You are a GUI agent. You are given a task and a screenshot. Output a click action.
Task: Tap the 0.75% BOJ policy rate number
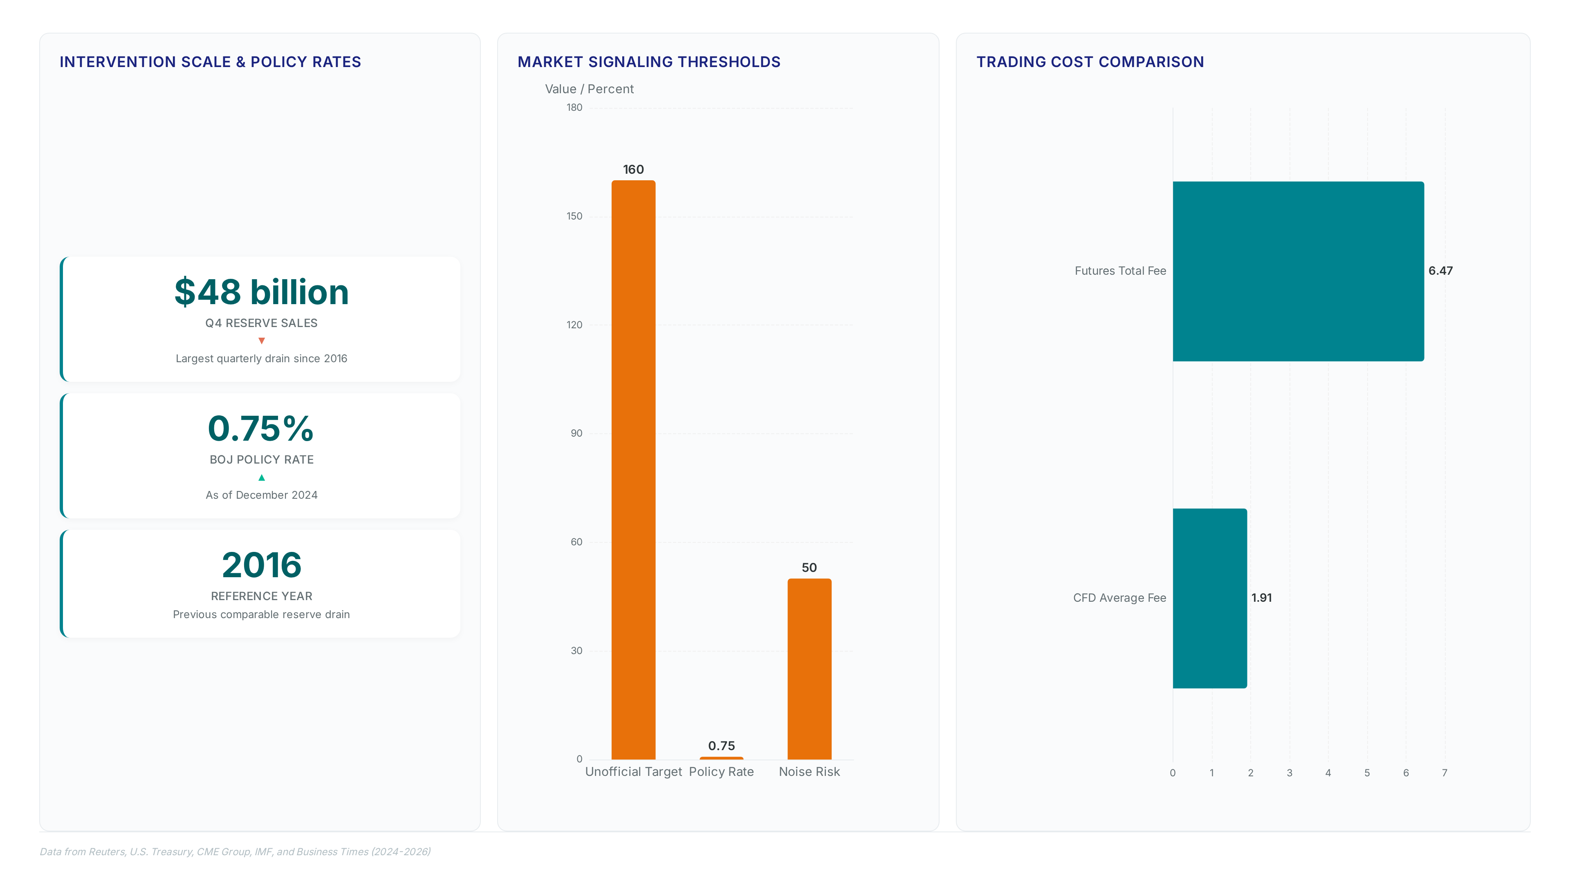coord(261,428)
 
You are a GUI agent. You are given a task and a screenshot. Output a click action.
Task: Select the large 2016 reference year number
coord(262,565)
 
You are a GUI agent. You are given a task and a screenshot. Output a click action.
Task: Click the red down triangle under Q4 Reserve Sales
coord(262,341)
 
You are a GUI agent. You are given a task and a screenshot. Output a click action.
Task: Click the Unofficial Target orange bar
coord(633,470)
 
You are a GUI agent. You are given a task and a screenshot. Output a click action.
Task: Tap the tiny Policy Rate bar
coord(722,758)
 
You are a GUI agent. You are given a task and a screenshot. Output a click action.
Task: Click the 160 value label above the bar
coord(633,169)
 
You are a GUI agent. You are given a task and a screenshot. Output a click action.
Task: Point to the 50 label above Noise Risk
coord(810,567)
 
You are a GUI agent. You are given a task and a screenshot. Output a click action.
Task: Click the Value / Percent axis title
coord(589,89)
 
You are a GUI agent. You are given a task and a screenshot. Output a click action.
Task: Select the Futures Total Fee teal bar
coord(1298,271)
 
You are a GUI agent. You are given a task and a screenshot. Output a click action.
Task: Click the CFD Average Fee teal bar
coord(1210,598)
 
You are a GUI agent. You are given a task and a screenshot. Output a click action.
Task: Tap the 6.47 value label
coord(1441,271)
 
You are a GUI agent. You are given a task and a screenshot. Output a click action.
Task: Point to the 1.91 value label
coord(1262,598)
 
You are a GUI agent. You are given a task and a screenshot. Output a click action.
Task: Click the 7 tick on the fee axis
coord(1444,773)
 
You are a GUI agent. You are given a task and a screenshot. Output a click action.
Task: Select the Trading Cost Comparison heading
coord(1090,62)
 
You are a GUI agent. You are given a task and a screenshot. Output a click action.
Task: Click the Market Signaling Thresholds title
coord(649,62)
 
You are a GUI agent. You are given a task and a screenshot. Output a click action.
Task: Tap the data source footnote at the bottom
coord(235,851)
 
